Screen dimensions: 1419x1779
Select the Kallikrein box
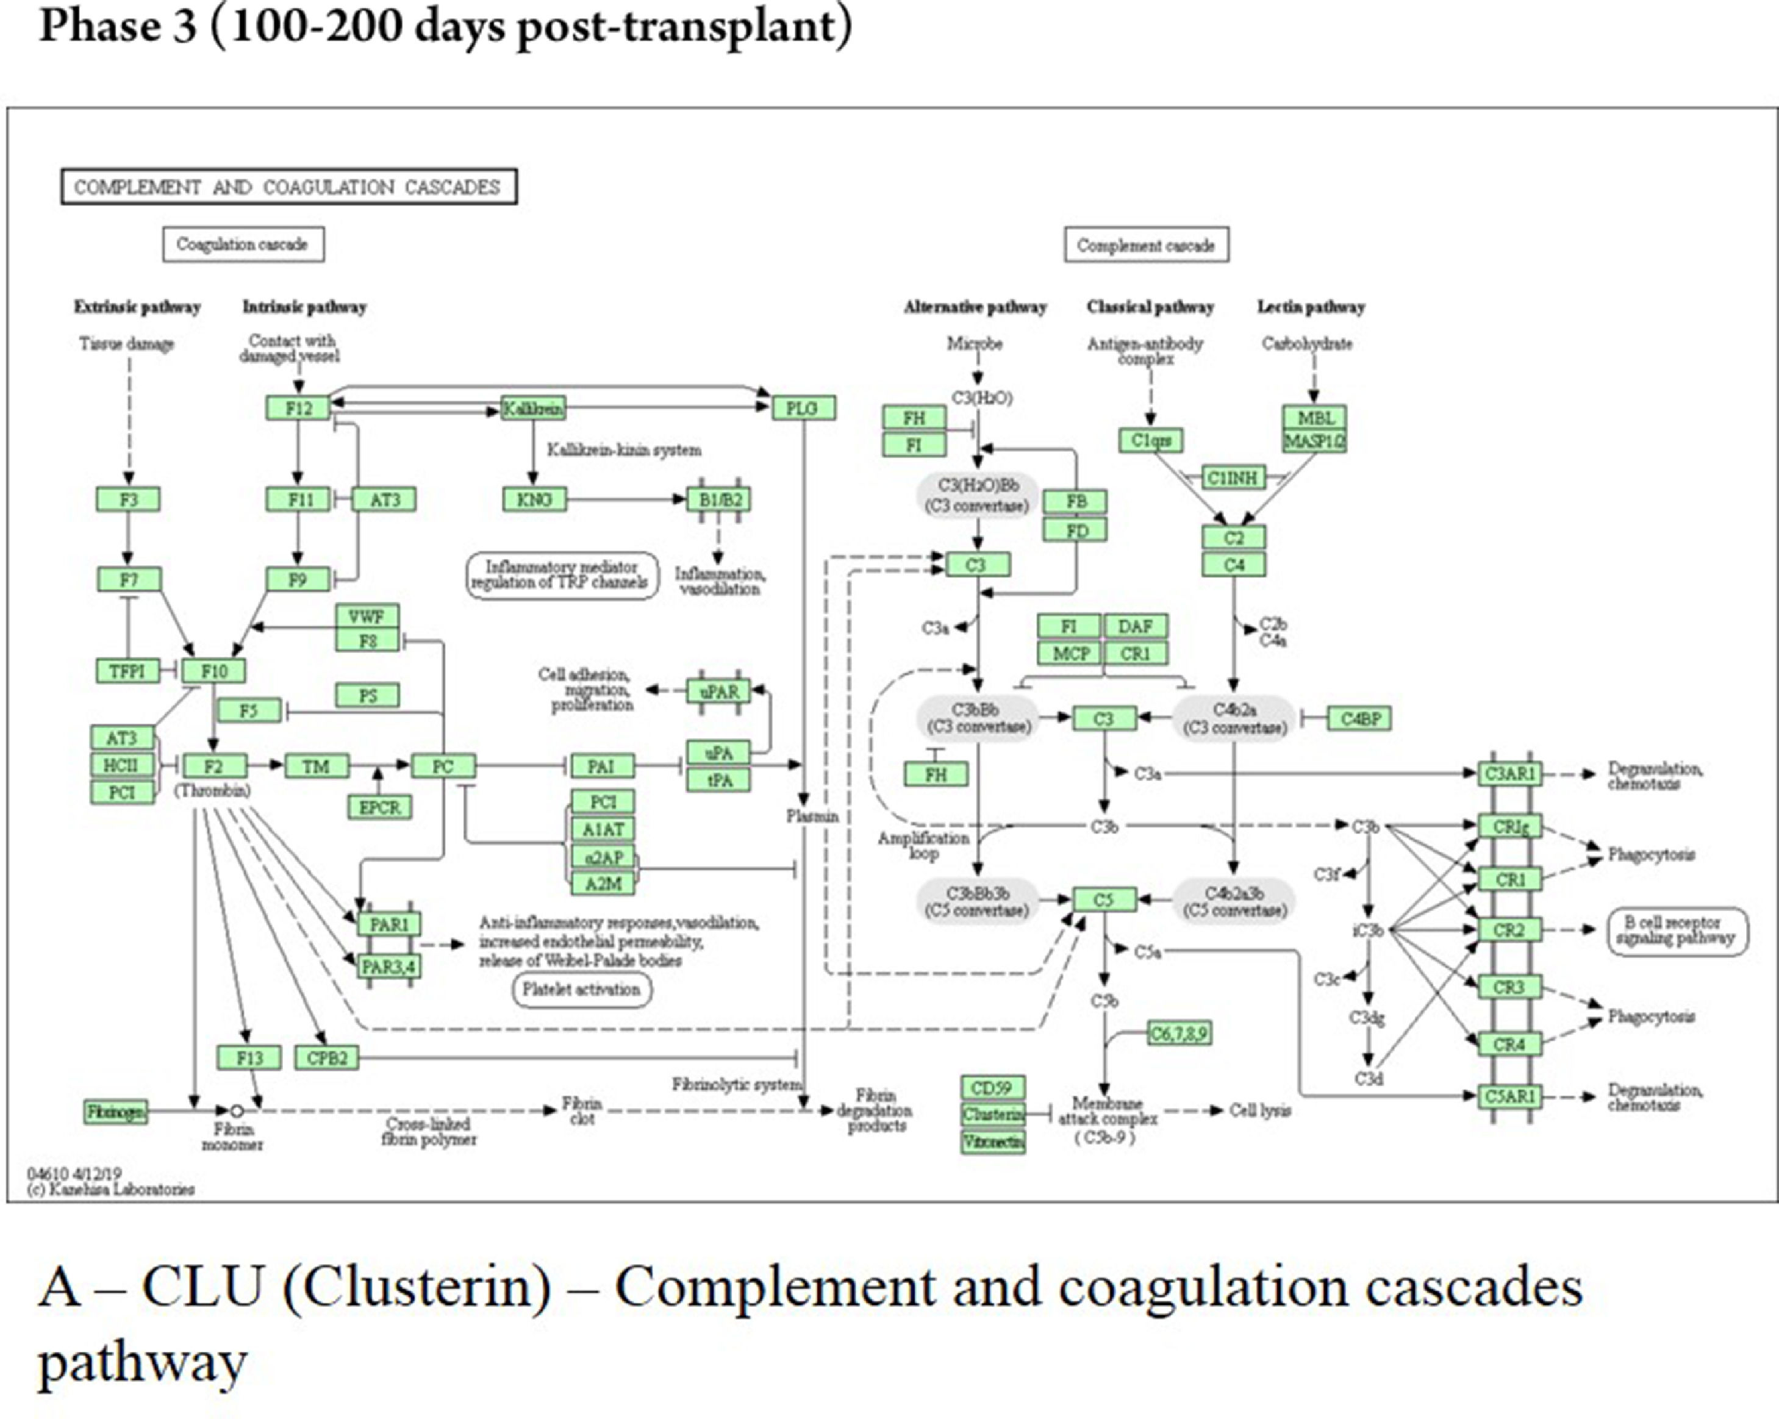(534, 407)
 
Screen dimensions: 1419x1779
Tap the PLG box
(803, 407)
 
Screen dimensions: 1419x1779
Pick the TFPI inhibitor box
(128, 671)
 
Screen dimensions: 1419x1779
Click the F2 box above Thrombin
(213, 765)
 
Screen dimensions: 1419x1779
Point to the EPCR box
(379, 807)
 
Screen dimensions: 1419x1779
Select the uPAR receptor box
(720, 692)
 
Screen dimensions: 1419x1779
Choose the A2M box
(603, 884)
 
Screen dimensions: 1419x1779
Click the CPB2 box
(327, 1057)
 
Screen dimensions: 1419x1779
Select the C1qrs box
(1150, 440)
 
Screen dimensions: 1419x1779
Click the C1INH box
(1232, 477)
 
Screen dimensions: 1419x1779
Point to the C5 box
(1103, 900)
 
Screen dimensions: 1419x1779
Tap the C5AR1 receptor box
(1509, 1096)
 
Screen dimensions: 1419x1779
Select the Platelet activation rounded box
(582, 989)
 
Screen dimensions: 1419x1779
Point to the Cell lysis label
(1260, 1110)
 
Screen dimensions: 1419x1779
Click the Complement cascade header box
(1145, 245)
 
